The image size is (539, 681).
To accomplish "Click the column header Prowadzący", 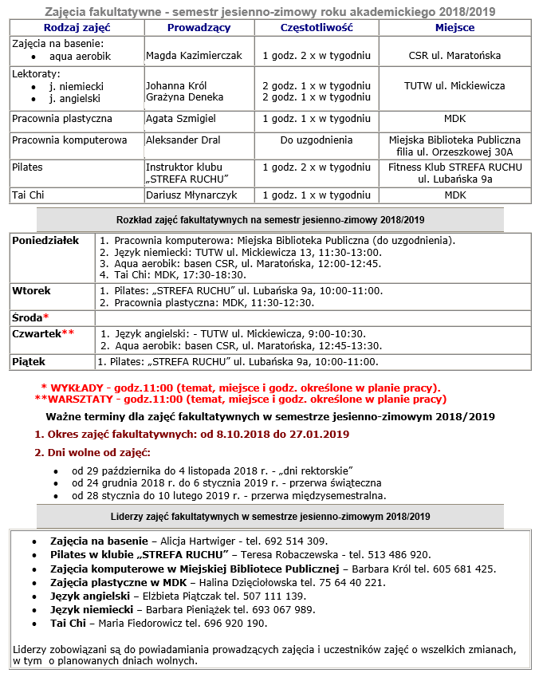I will pyautogui.click(x=199, y=28).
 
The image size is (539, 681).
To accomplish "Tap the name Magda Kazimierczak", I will pyautogui.click(x=194, y=57).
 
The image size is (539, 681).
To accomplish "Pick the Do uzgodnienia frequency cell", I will pyautogui.click(x=316, y=140).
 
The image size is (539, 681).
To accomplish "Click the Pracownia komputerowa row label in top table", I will pyautogui.click(x=69, y=140).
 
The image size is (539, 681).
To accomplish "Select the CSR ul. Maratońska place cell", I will pyautogui.click(x=454, y=57).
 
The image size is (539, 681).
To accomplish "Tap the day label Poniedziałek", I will pyautogui.click(x=45, y=241).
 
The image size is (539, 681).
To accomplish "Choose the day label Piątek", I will pyautogui.click(x=30, y=362).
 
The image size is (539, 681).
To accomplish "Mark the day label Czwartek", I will pyautogui.click(x=37, y=333).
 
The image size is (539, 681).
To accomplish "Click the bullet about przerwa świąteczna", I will pyautogui.click(x=226, y=482).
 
